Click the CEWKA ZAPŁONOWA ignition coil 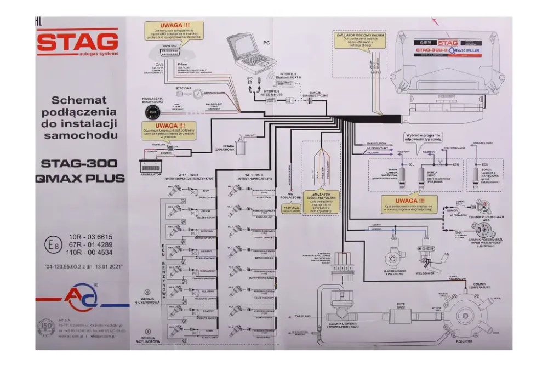coord(242,144)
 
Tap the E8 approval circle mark coord(54,245)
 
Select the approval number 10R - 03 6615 coord(90,237)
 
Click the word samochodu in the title coord(81,135)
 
